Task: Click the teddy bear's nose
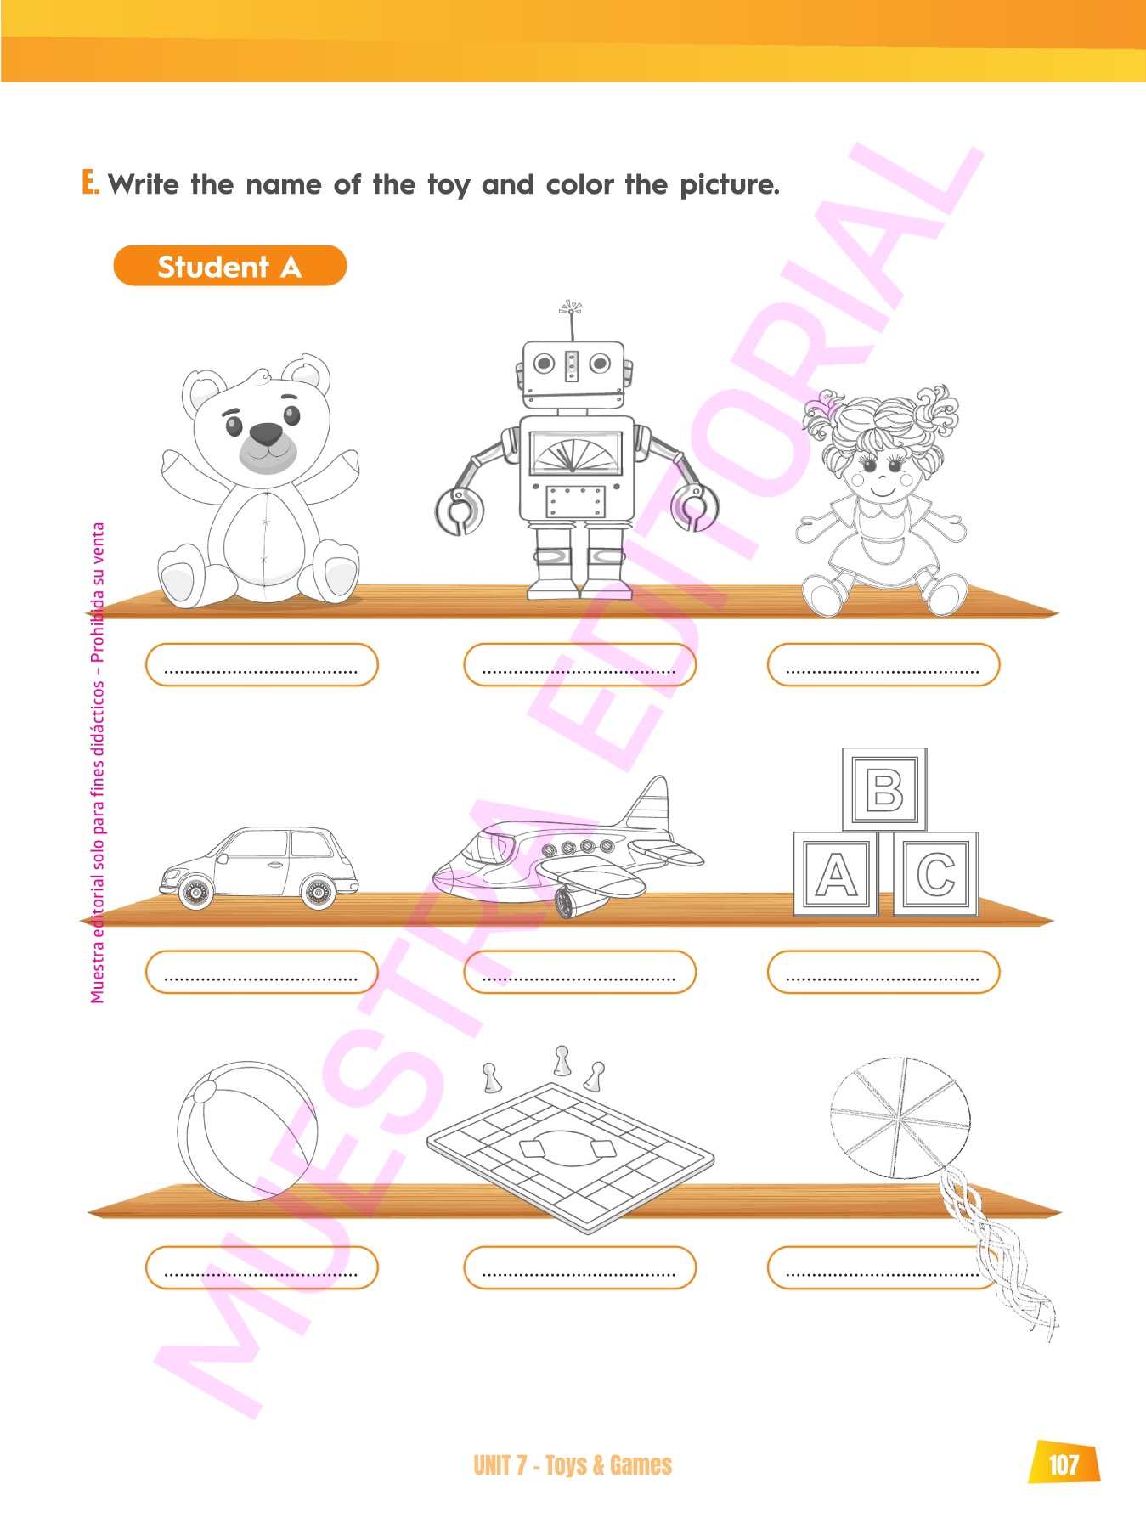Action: (266, 434)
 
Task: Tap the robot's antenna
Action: (571, 319)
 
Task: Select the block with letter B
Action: (884, 789)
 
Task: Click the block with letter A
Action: (836, 873)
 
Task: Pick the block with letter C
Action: (935, 873)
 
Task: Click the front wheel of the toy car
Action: (195, 893)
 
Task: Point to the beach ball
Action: (248, 1131)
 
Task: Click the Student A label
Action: (229, 266)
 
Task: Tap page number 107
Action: (1064, 1464)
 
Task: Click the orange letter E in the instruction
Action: (90, 182)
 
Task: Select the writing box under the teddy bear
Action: (262, 664)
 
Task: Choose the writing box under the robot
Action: (579, 664)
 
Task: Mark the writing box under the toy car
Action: (262, 972)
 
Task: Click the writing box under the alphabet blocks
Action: (883, 972)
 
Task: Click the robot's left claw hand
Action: (459, 511)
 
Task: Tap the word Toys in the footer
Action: (566, 1465)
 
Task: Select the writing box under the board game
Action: (579, 1267)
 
